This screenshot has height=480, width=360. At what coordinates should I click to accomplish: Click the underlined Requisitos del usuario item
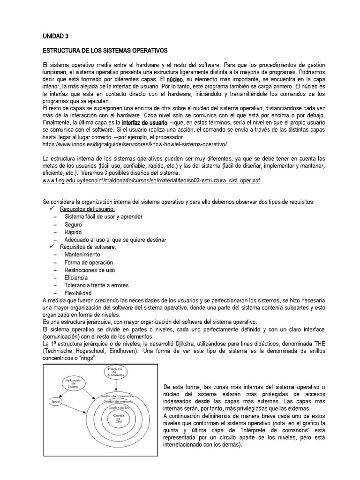(88, 209)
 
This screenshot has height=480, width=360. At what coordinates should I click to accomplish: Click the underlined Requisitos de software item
(88, 247)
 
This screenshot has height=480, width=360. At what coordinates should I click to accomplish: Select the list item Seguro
(73, 225)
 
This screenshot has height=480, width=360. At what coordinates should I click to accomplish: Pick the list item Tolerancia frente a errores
(97, 285)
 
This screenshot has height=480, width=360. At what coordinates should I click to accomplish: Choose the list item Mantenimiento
(82, 255)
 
